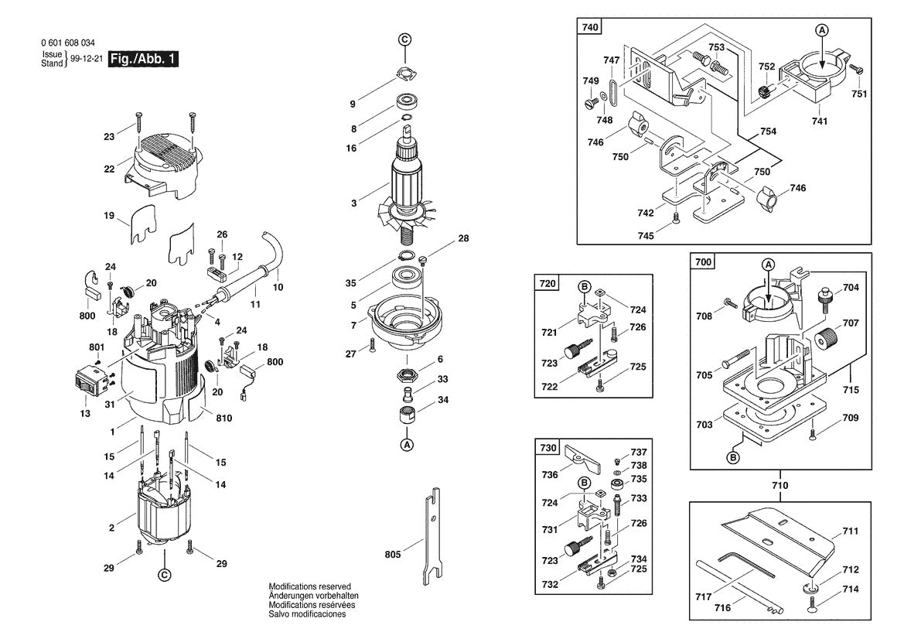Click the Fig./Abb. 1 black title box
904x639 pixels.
[x=144, y=59]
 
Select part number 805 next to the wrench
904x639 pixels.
[x=394, y=554]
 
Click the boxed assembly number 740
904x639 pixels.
[x=589, y=27]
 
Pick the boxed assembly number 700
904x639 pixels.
[x=702, y=263]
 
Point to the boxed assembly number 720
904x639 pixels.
[x=547, y=284]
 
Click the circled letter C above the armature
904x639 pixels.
[x=405, y=39]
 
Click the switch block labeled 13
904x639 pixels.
[x=87, y=381]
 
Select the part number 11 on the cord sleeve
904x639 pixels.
[x=255, y=304]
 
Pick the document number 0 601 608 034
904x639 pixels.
[x=70, y=43]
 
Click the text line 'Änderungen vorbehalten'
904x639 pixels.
[x=313, y=596]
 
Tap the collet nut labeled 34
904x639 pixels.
[x=407, y=415]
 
